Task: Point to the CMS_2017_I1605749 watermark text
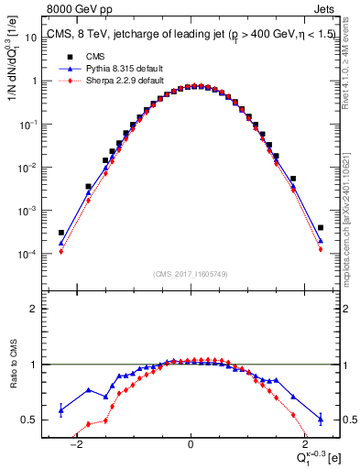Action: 190,274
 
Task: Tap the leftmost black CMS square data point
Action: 60,233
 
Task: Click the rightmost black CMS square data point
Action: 321,228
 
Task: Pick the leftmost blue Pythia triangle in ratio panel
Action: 60,409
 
